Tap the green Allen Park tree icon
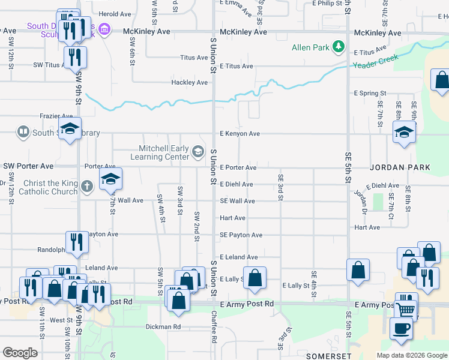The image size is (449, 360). tap(339, 46)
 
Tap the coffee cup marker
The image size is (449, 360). tap(402, 328)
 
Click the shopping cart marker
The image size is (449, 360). tap(406, 310)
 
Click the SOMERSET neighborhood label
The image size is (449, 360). tap(324, 356)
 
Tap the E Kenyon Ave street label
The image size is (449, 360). tap(240, 134)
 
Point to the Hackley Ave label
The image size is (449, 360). tap(189, 82)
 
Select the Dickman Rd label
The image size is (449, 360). tap(163, 327)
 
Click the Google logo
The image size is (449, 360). tap(20, 353)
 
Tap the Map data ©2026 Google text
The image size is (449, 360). tap(412, 355)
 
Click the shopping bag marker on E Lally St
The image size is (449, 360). tap(255, 277)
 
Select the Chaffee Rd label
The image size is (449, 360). tap(214, 329)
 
